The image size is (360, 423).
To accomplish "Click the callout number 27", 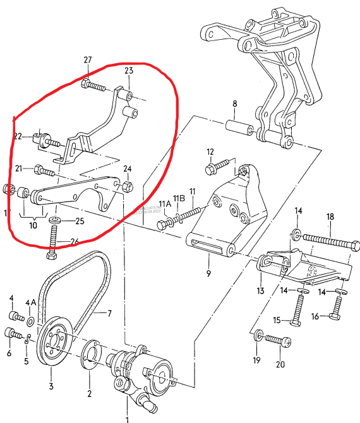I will [x=88, y=60].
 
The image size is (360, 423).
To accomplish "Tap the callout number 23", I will [x=128, y=71].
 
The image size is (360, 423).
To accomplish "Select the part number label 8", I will [x=234, y=104].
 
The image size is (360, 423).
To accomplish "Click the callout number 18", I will [x=330, y=217].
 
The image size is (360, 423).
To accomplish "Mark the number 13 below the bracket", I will [x=260, y=290].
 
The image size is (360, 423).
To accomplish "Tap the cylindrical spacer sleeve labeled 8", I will [x=240, y=129].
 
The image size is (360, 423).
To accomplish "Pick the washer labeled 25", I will [x=55, y=220].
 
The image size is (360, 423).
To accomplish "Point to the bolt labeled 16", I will [x=337, y=307].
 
